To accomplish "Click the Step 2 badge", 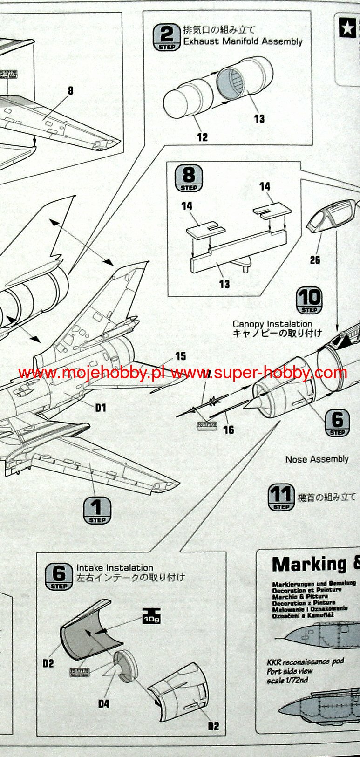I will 166,37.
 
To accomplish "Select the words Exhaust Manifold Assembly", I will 243,41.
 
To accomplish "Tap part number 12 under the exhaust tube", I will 202,137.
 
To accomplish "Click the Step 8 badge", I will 189,178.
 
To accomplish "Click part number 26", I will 315,259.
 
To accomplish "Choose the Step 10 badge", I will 309,301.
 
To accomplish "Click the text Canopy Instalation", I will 272,324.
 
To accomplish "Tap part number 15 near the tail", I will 181,356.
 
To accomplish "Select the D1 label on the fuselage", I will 101,408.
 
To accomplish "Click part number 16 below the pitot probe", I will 228,430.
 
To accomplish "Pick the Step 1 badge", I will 97,510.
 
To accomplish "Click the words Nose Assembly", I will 317,459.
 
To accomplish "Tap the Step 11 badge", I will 281,498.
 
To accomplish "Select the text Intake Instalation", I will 115,568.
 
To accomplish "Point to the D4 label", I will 103,703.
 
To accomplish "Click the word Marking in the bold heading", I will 309,564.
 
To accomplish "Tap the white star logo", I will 347,28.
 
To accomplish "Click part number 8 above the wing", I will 70,90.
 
